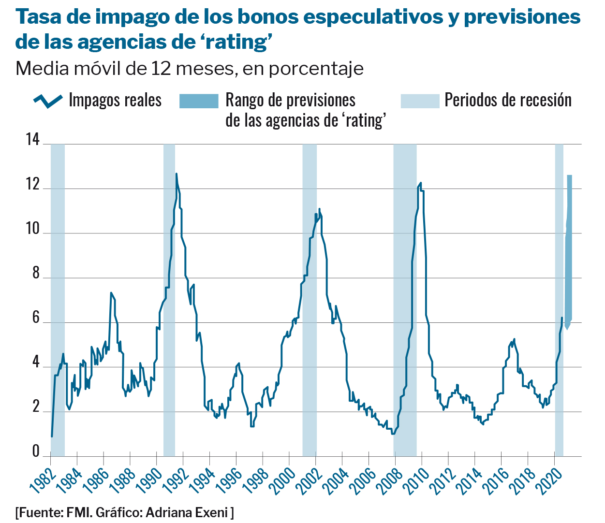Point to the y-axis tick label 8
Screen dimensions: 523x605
pyautogui.click(x=35, y=273)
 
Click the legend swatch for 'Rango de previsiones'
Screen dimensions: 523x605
pyautogui.click(x=199, y=101)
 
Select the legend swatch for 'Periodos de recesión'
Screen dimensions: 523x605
pyautogui.click(x=420, y=101)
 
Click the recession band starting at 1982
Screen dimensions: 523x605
pyautogui.click(x=58, y=300)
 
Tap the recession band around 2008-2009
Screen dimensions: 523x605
pyautogui.click(x=405, y=300)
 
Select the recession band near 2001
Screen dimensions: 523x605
pyautogui.click(x=310, y=300)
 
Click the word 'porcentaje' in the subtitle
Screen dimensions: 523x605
pyautogui.click(x=316, y=69)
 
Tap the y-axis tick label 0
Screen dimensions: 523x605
pyautogui.click(x=35, y=451)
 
